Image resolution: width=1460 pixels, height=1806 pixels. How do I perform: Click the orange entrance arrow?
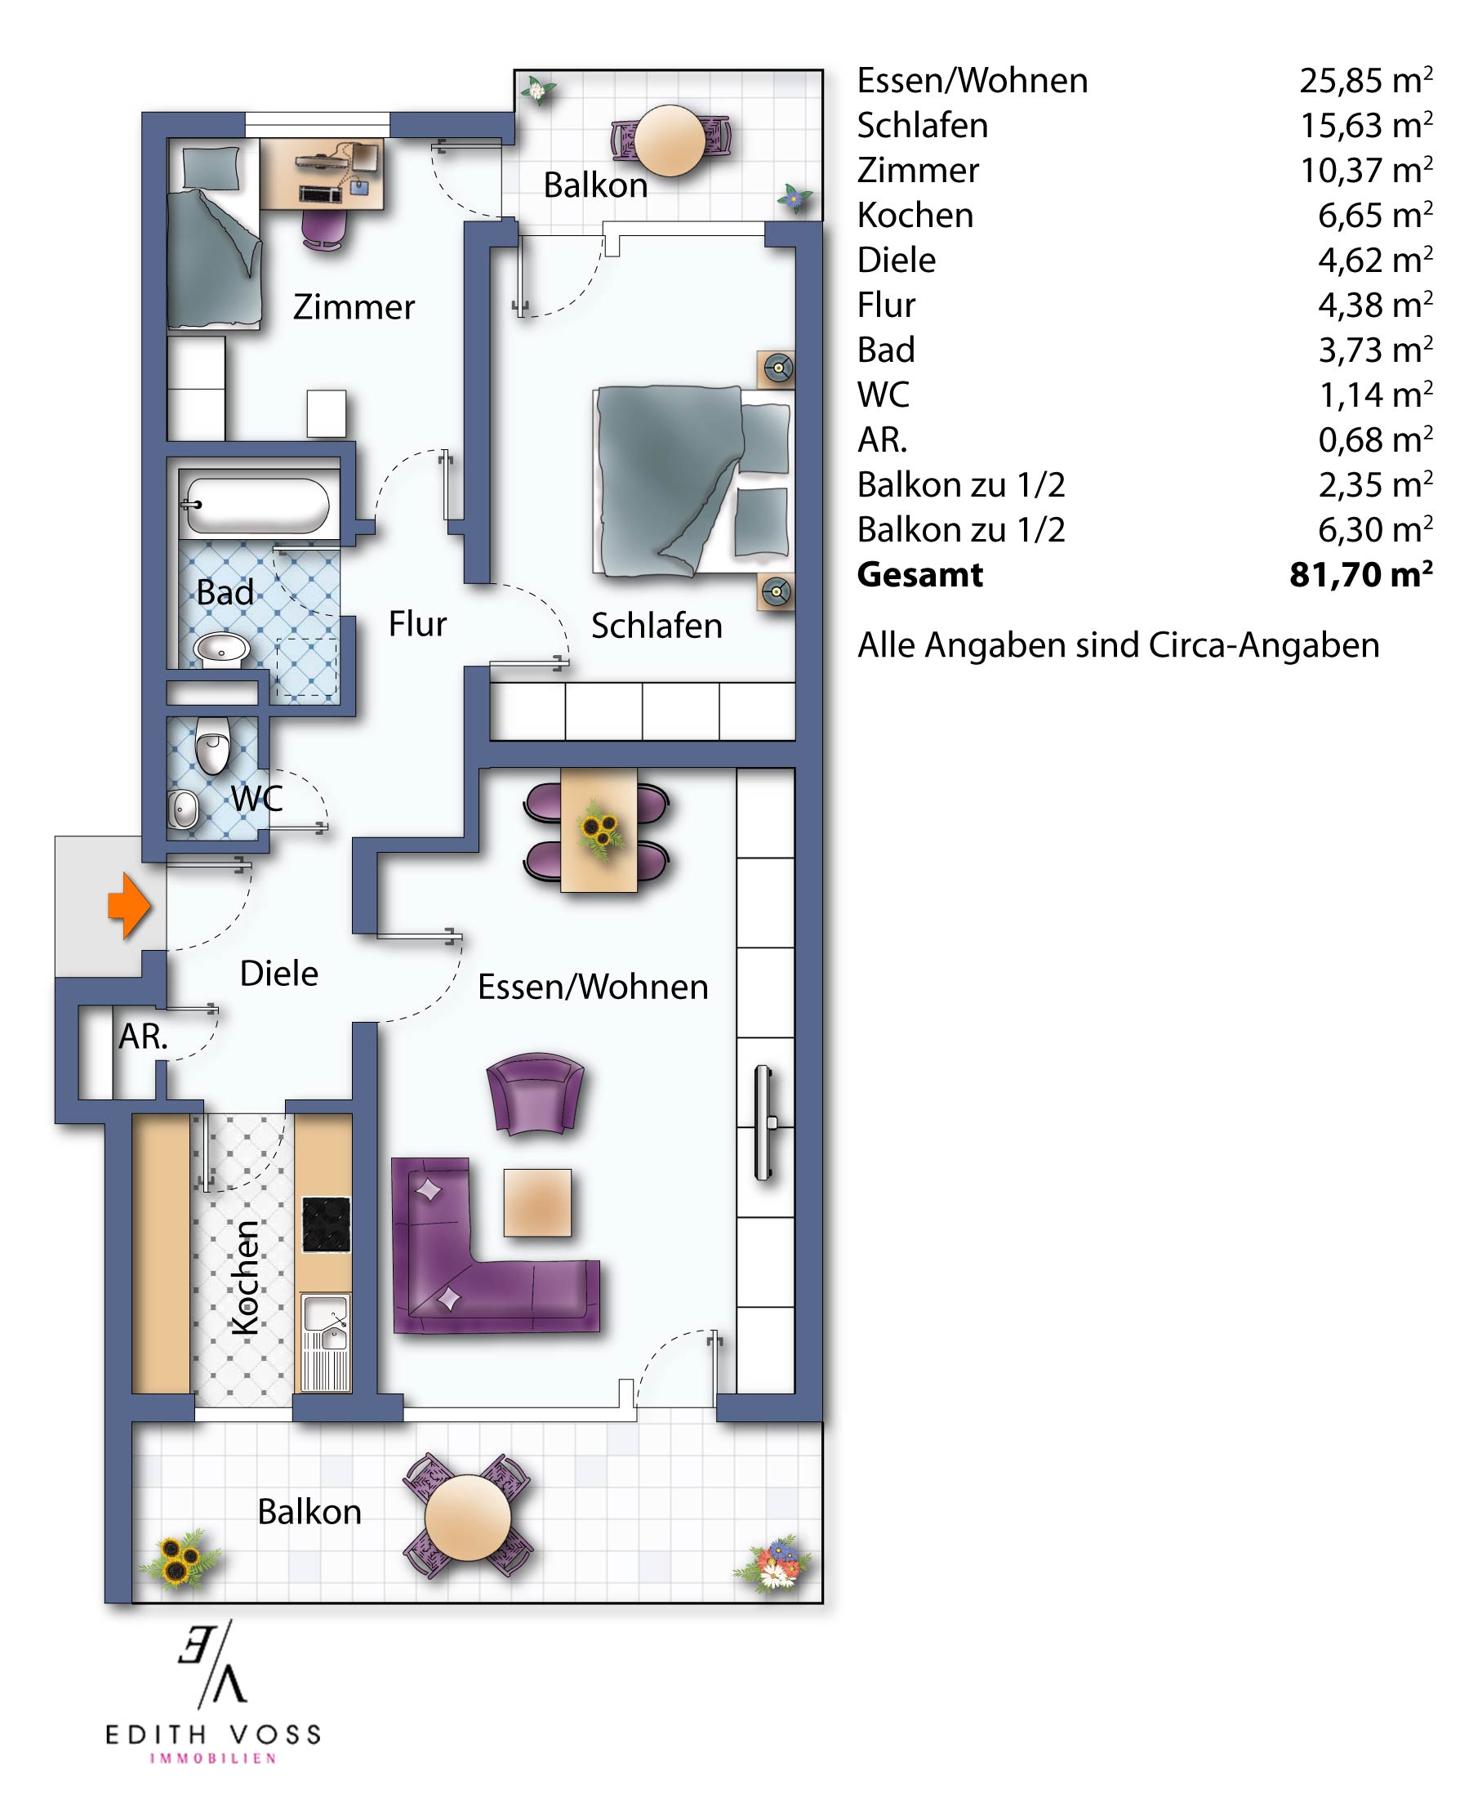(x=129, y=905)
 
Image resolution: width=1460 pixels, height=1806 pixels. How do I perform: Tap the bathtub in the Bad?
(x=256, y=506)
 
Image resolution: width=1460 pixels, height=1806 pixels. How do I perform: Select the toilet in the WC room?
(x=213, y=744)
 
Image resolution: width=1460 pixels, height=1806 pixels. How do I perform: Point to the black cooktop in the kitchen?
(x=327, y=1224)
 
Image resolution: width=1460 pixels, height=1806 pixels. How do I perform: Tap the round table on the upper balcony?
(x=670, y=140)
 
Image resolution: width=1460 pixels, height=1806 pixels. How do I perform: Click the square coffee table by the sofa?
(x=537, y=1202)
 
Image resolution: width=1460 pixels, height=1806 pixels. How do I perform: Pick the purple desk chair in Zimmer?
(x=324, y=229)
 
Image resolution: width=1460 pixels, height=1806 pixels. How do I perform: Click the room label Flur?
(x=417, y=624)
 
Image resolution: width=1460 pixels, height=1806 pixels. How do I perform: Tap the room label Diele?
(x=279, y=973)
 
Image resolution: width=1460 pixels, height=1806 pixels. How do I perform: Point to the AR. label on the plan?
(x=143, y=1037)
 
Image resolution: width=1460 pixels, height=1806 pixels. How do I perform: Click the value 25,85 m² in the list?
(x=1366, y=80)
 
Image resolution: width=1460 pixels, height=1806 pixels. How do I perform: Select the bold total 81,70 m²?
(x=1360, y=574)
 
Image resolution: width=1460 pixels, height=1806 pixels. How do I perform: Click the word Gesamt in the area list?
(x=920, y=574)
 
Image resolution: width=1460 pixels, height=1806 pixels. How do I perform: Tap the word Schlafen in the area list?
(x=923, y=125)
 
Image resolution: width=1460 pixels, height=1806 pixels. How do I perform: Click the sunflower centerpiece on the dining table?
(x=599, y=827)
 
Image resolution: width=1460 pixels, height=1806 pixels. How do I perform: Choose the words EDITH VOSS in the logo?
(x=214, y=1733)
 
